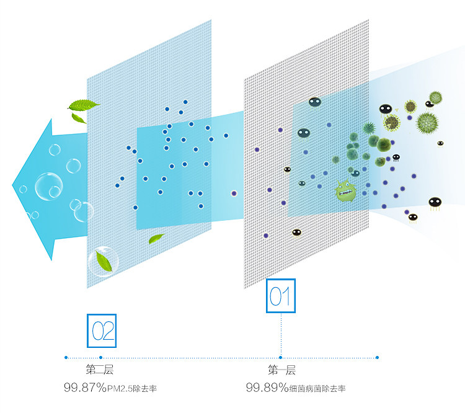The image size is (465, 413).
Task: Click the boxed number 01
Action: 281,296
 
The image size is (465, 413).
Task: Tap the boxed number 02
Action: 101,331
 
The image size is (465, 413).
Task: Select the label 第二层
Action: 99,370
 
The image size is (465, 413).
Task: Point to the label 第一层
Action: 281,370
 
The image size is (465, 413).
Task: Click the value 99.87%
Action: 84,388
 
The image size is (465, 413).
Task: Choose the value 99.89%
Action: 267,388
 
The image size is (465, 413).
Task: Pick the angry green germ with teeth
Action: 345,190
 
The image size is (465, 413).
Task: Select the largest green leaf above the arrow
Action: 84,104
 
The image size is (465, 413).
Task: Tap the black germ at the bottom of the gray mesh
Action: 296,233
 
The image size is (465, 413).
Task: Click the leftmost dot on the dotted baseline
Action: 66,357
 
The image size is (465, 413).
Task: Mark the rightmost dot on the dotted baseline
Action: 377,357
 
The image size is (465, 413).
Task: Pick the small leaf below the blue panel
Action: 156,238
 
